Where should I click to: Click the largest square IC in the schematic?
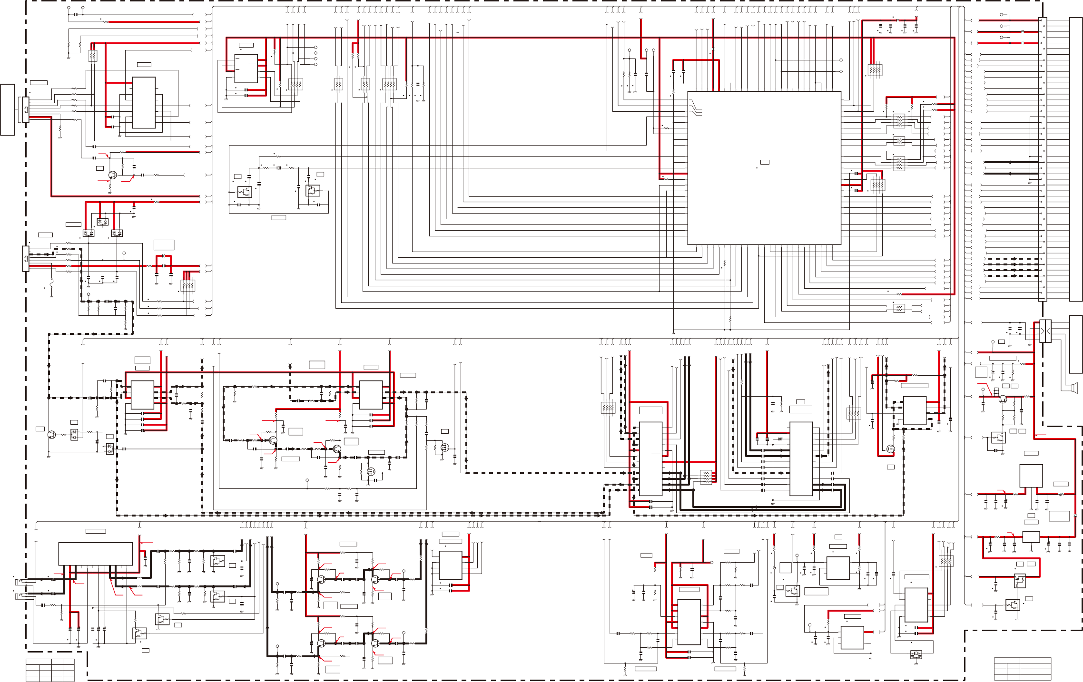pyautogui.click(x=764, y=168)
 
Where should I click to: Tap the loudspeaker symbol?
pyautogui.click(x=1073, y=388)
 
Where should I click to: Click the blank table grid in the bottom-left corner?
pyautogui.click(x=50, y=670)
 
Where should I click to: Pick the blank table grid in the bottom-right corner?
pyautogui.click(x=1022, y=669)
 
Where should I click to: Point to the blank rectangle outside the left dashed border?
pyautogui.click(x=8, y=109)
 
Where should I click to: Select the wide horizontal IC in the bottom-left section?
pyautogui.click(x=95, y=554)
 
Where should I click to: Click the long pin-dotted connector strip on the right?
pyautogui.click(x=1042, y=159)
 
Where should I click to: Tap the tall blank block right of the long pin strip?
pyautogui.click(x=1075, y=159)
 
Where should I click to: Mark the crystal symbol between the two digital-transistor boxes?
pyautogui.click(x=278, y=168)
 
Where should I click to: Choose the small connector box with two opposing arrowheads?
pyautogui.click(x=1045, y=331)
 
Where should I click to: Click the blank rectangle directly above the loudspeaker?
pyautogui.click(x=1075, y=344)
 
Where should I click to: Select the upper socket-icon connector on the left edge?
pyautogui.click(x=26, y=109)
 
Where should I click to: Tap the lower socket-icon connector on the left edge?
pyautogui.click(x=26, y=259)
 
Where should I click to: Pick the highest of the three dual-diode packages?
pyautogui.click(x=103, y=222)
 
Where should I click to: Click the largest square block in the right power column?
pyautogui.click(x=1031, y=476)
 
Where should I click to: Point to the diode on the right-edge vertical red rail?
pyautogui.click(x=1075, y=516)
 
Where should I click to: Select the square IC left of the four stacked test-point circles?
pyautogui.click(x=246, y=68)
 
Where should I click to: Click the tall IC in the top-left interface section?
pyautogui.click(x=144, y=103)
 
